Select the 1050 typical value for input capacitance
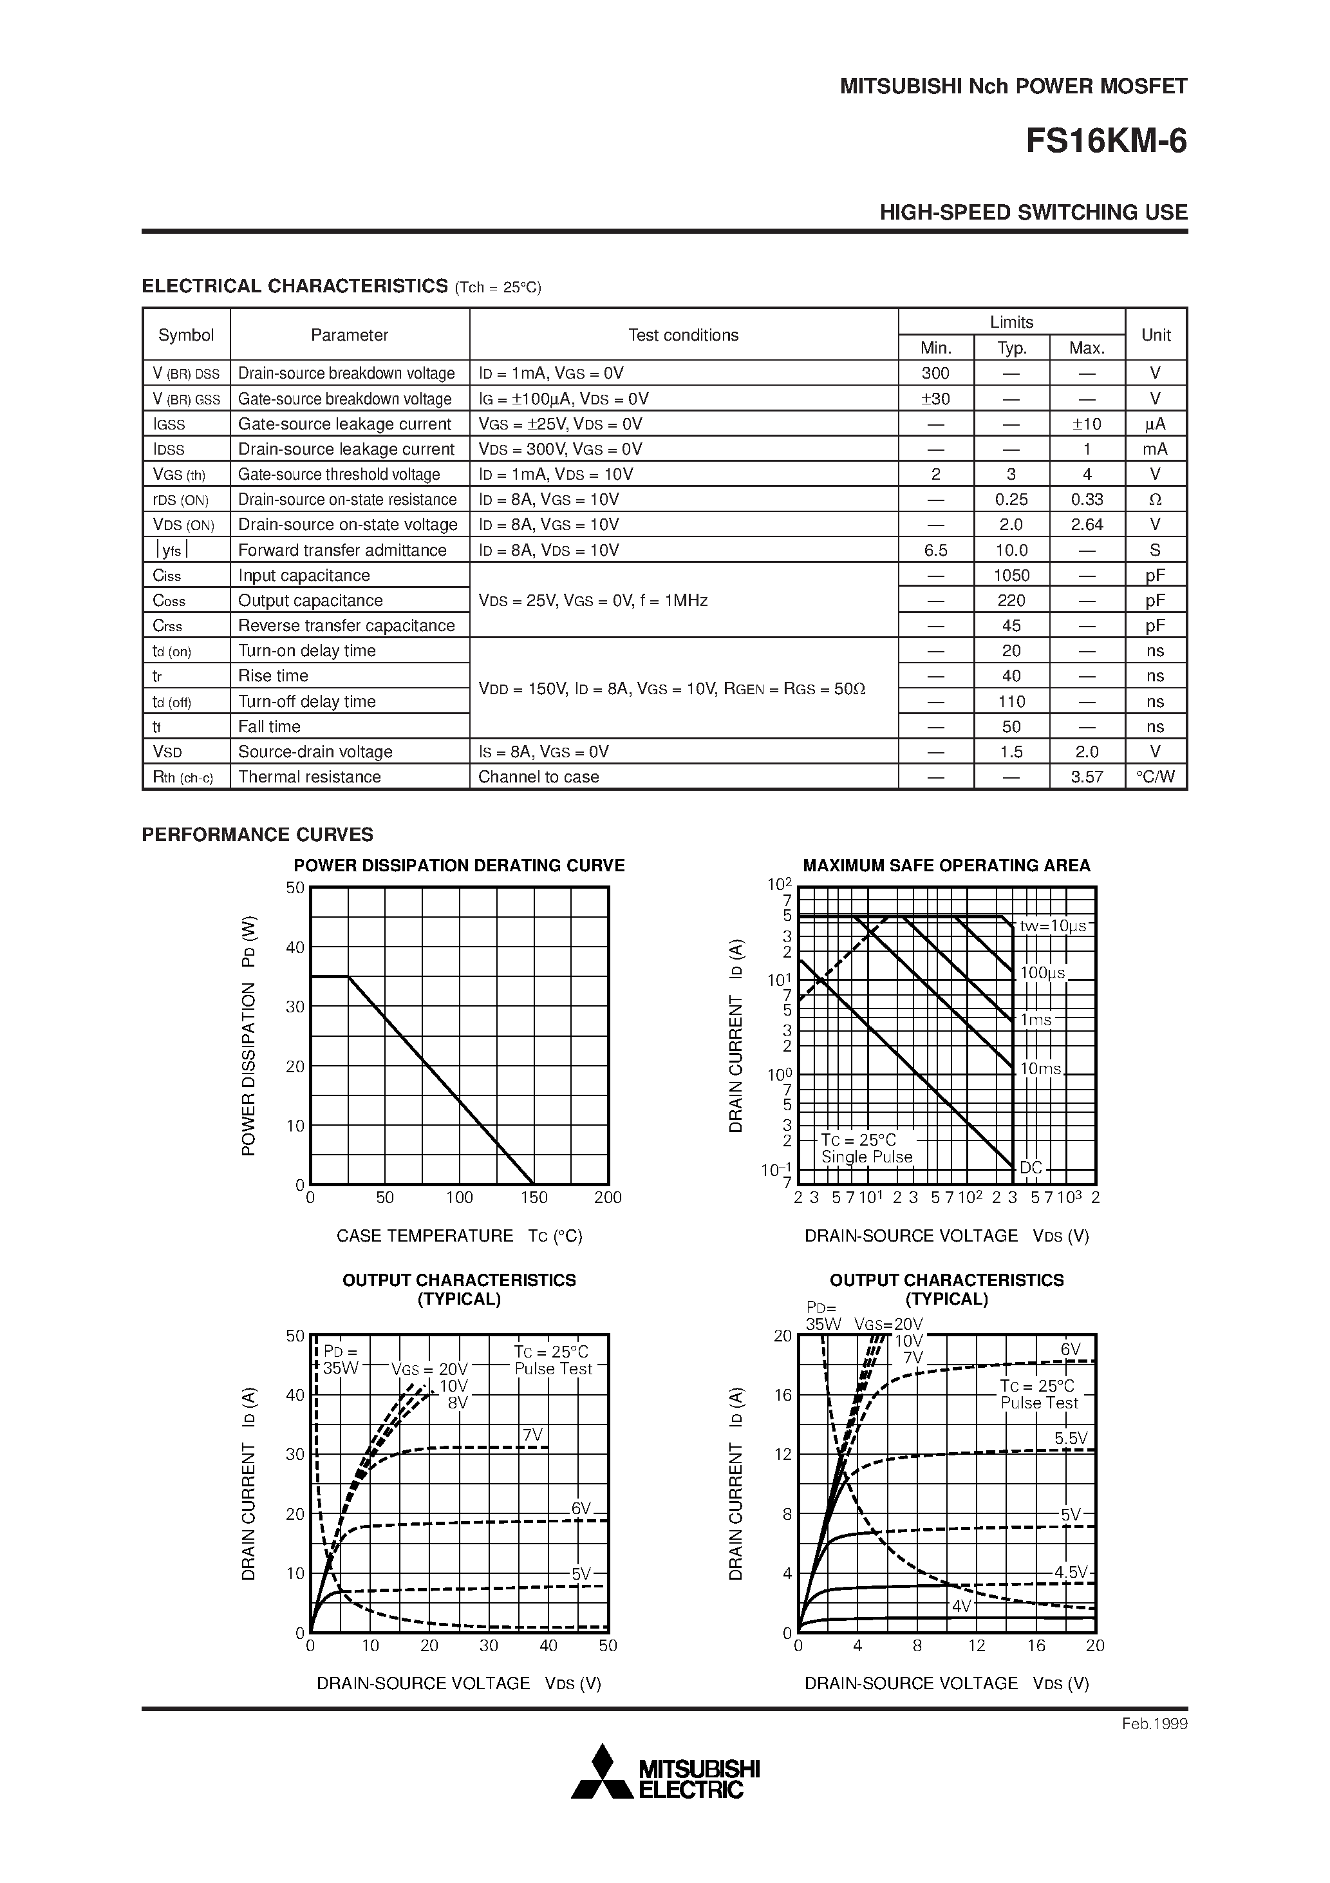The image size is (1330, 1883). coord(1011,576)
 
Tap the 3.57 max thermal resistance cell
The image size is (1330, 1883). coord(1087,777)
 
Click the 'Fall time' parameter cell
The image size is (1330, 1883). coord(269,726)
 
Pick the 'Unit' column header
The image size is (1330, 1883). coord(1156,335)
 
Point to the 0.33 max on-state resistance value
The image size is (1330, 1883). coord(1087,500)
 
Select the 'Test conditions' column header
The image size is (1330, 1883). coord(683,335)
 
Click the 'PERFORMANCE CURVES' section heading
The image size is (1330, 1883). coord(258,835)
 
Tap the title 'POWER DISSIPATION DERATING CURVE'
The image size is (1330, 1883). coord(459,866)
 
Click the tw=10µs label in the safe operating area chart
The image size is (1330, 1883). coord(1053,926)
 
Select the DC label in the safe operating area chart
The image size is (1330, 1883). coord(1031,1168)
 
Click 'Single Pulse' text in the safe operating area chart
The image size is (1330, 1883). coord(866,1157)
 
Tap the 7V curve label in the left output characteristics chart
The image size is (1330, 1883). coord(533,1434)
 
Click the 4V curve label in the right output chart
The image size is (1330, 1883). coord(961,1607)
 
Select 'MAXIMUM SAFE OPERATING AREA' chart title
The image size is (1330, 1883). coord(946,866)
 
